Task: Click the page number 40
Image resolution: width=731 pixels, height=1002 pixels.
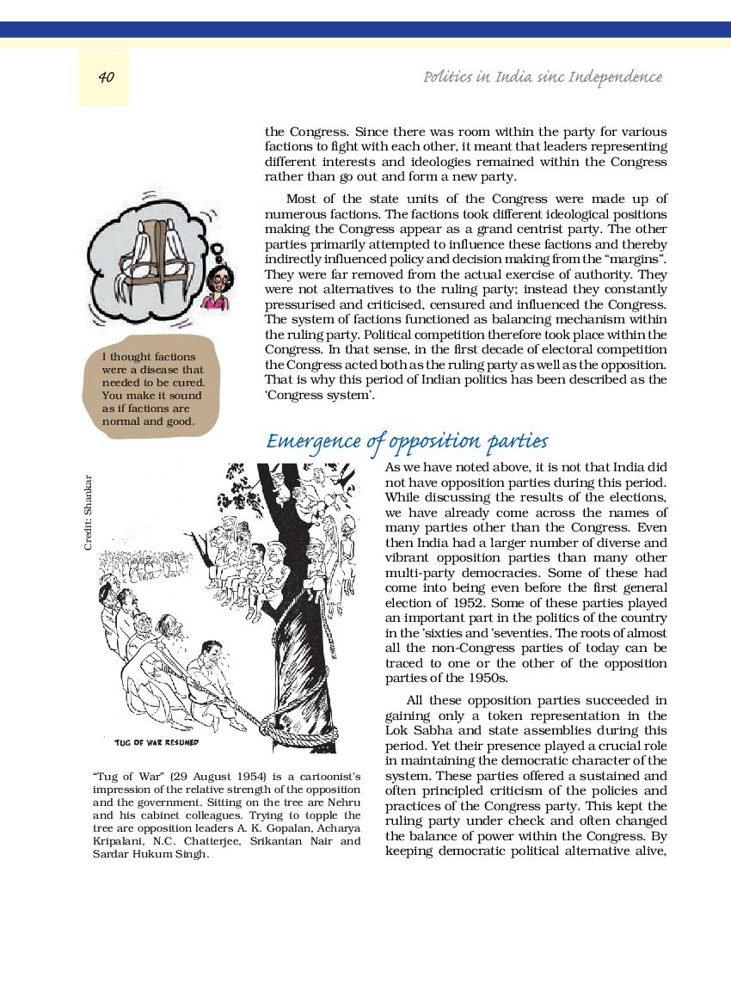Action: tap(106, 77)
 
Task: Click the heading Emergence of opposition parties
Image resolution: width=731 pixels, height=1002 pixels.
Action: tap(407, 442)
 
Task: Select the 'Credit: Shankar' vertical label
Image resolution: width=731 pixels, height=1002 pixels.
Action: tap(89, 513)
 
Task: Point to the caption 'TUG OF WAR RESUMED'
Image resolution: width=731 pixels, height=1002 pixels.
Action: tap(156, 741)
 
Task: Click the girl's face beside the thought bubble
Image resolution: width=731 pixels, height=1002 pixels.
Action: tap(214, 279)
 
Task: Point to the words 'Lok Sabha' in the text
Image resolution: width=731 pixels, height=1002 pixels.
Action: tap(414, 730)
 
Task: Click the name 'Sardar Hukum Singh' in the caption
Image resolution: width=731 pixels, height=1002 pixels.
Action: tap(150, 853)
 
